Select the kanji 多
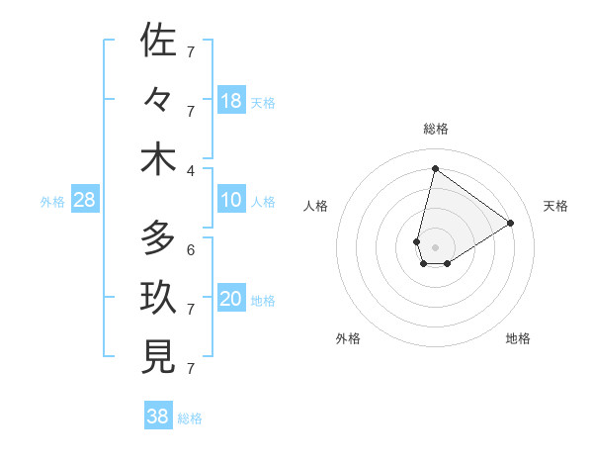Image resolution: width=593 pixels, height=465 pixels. click(158, 238)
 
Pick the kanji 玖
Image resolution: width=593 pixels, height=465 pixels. click(158, 299)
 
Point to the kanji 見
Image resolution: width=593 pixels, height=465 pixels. click(158, 358)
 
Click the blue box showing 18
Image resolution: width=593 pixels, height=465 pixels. click(231, 100)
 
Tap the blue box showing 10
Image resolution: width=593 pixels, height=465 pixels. click(231, 200)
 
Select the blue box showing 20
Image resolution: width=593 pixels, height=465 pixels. click(231, 299)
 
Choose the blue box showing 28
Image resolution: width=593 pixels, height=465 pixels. click(85, 201)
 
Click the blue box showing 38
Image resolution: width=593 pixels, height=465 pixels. click(158, 417)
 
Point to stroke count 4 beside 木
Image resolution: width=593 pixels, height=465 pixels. click(191, 170)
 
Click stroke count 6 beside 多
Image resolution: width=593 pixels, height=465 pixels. click(191, 249)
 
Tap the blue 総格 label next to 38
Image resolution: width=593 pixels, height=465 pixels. click(191, 418)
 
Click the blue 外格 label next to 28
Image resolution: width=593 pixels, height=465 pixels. click(52, 202)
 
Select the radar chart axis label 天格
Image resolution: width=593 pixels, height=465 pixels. click(555, 206)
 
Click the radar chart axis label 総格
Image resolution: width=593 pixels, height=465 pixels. click(435, 129)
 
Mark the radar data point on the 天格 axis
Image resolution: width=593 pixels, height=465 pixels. click(511, 223)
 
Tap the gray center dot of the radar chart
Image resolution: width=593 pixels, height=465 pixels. click(435, 233)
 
